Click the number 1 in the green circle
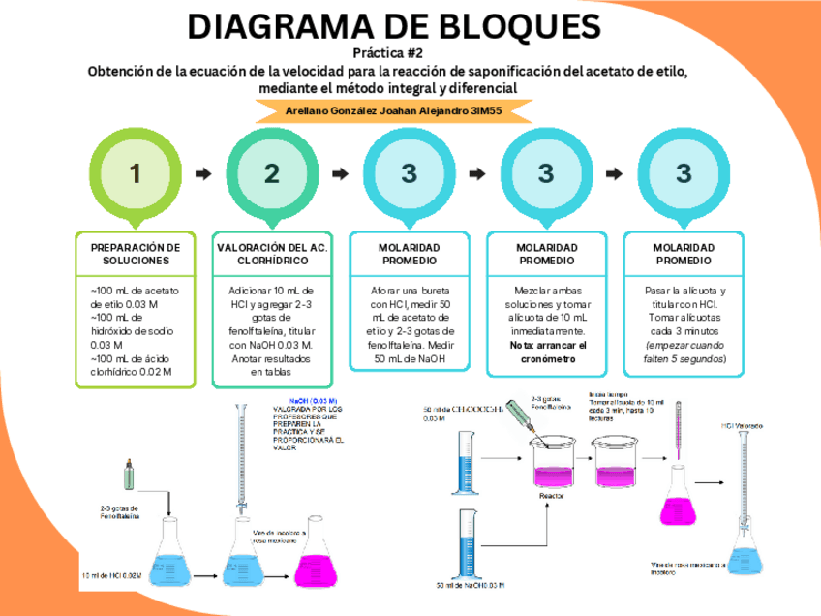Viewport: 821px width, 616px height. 135,173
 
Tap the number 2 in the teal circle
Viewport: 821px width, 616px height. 272,173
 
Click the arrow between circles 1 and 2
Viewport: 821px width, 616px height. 203,174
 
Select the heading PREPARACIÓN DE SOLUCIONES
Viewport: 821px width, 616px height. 136,254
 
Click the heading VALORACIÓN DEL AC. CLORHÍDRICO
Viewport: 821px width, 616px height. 272,254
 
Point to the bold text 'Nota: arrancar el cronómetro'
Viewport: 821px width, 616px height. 548,352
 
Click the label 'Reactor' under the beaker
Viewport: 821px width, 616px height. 551,495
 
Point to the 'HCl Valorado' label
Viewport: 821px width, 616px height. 742,425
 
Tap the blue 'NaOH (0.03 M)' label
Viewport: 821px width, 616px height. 312,400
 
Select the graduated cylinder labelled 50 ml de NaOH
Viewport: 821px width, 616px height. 464,543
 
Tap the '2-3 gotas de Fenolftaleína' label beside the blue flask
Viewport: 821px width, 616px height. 119,512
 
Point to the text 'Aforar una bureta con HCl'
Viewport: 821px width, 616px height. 410,296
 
